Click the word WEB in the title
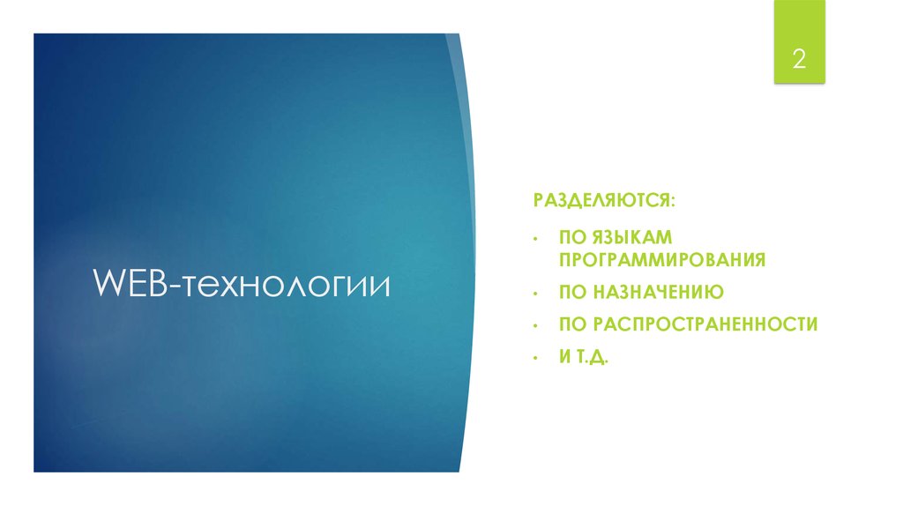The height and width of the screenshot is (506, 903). [x=132, y=285]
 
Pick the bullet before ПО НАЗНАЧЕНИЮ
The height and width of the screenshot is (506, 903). [x=535, y=292]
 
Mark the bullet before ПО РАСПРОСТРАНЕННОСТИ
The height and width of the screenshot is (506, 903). [x=535, y=325]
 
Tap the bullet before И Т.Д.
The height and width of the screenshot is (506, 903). [x=535, y=358]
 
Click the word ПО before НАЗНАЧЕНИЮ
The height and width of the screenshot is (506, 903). [x=571, y=291]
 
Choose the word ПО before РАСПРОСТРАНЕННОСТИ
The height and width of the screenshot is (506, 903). [x=571, y=324]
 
